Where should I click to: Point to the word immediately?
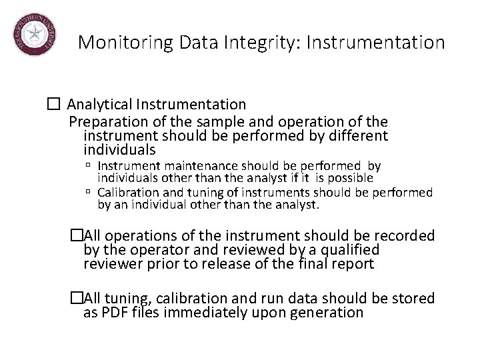(221, 313)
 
